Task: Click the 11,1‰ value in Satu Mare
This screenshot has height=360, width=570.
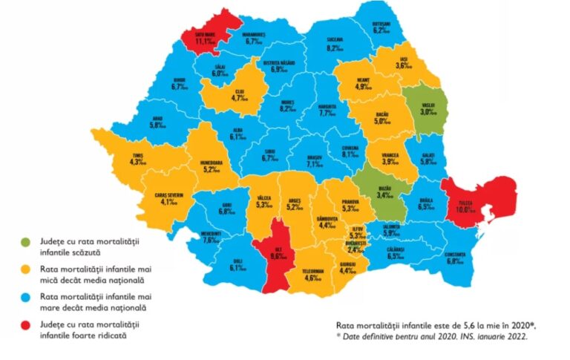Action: click(204, 42)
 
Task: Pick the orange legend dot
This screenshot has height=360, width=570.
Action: click(27, 269)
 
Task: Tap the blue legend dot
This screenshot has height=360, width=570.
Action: click(27, 296)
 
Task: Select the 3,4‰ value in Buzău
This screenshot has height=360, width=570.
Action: click(384, 196)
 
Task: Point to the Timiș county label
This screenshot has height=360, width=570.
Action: click(138, 154)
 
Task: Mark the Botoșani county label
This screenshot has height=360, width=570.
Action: click(382, 22)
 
